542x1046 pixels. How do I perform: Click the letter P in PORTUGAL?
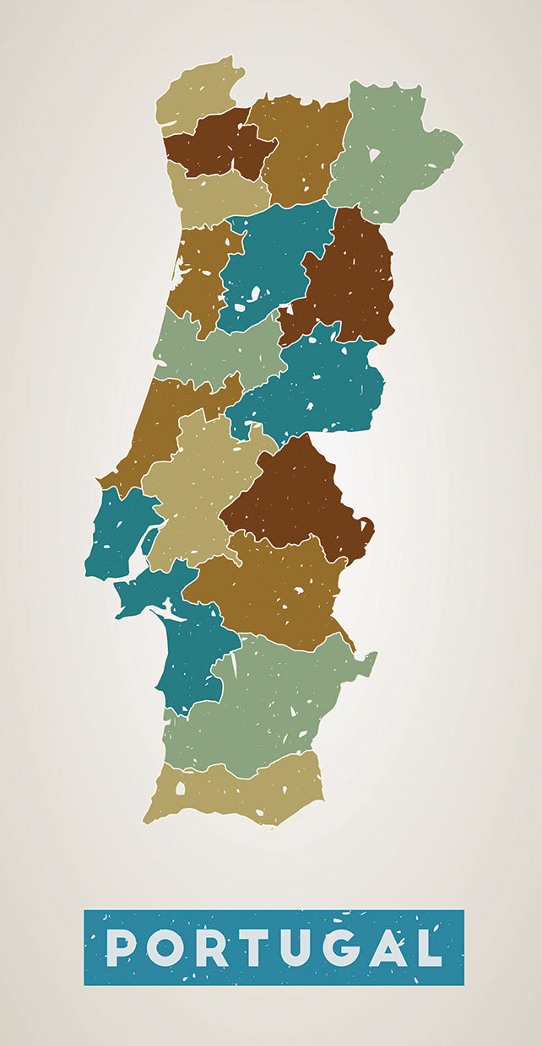[x=120, y=947]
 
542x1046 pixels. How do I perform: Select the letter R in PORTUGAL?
[x=210, y=947]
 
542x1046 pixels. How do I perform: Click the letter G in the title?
[x=342, y=947]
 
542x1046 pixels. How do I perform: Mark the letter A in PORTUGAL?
[x=388, y=947]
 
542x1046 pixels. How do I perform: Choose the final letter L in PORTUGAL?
[x=429, y=947]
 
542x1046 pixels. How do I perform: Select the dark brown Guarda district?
[x=350, y=278]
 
